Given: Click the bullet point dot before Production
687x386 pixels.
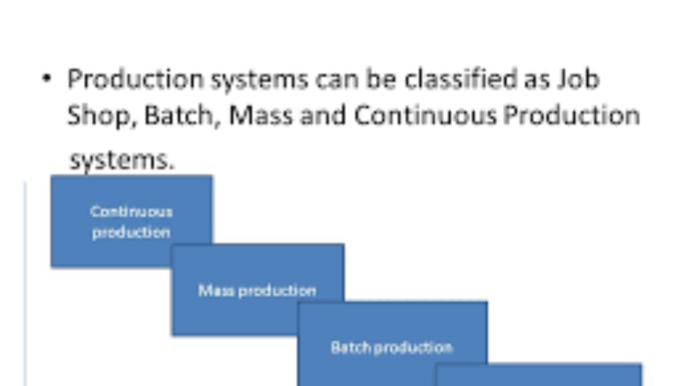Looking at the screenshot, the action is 47,78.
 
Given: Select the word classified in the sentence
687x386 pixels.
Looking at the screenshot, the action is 461,79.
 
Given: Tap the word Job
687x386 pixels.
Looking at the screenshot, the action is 579,79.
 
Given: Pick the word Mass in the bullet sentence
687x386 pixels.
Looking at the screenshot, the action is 261,116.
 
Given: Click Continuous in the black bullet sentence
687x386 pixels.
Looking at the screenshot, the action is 425,116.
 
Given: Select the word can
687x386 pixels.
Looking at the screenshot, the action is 337,80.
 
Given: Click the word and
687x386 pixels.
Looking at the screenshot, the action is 323,116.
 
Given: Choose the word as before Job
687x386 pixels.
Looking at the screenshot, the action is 537,81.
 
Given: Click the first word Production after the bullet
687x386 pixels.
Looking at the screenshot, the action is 135,79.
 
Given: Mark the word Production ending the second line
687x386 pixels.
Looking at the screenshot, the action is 572,116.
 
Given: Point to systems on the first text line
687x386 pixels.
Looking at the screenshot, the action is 259,81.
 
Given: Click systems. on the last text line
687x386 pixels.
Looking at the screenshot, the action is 122,160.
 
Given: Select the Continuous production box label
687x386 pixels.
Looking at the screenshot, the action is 131,222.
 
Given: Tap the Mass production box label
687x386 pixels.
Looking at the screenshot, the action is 257,291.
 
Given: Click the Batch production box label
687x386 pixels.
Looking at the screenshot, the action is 392,348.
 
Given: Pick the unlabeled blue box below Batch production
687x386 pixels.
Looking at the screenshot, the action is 538,375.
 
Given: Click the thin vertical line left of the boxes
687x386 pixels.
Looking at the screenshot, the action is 25,284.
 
